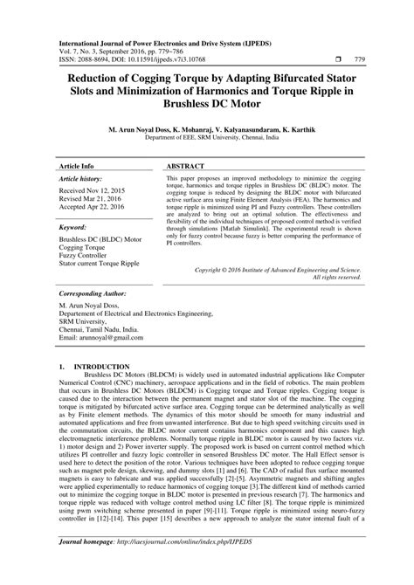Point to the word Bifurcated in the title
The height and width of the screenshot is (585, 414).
tap(290, 77)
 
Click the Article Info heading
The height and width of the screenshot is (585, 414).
tap(78, 164)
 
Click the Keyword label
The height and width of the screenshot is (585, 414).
tap(74, 226)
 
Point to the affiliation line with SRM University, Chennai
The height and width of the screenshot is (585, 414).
tap(207, 136)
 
